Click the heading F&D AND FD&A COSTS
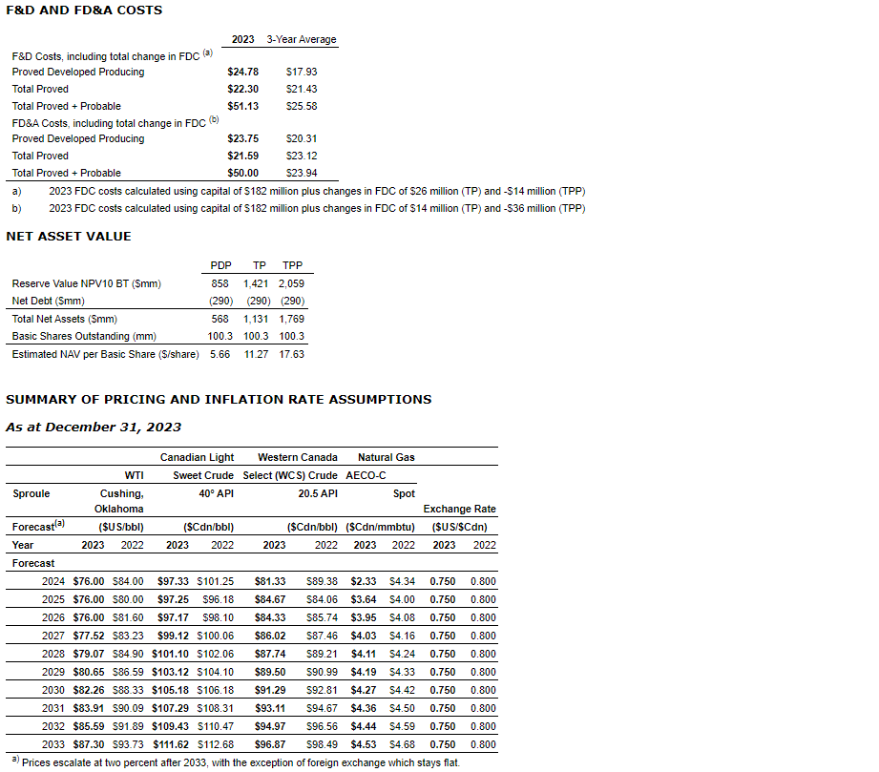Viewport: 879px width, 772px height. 84,10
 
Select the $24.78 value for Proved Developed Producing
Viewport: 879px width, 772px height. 242,72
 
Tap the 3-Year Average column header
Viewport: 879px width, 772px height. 302,39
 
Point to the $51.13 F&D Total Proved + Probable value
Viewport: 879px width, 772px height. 242,106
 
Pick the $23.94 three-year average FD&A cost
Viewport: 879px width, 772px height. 302,173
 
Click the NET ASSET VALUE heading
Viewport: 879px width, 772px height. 69,237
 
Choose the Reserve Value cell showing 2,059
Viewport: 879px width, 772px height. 291,283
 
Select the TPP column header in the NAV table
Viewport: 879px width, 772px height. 292,265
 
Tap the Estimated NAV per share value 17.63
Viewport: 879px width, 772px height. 291,354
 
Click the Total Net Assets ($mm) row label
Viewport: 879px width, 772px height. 64,319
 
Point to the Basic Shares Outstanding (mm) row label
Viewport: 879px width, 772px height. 84,336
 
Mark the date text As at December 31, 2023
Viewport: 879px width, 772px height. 94,428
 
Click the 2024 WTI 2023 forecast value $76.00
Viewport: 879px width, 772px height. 89,581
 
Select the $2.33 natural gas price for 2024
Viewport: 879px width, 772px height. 364,581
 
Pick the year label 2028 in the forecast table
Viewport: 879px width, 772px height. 54,654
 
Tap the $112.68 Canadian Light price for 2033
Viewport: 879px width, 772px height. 215,744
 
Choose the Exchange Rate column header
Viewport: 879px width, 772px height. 460,509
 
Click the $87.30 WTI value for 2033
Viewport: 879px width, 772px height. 89,744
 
